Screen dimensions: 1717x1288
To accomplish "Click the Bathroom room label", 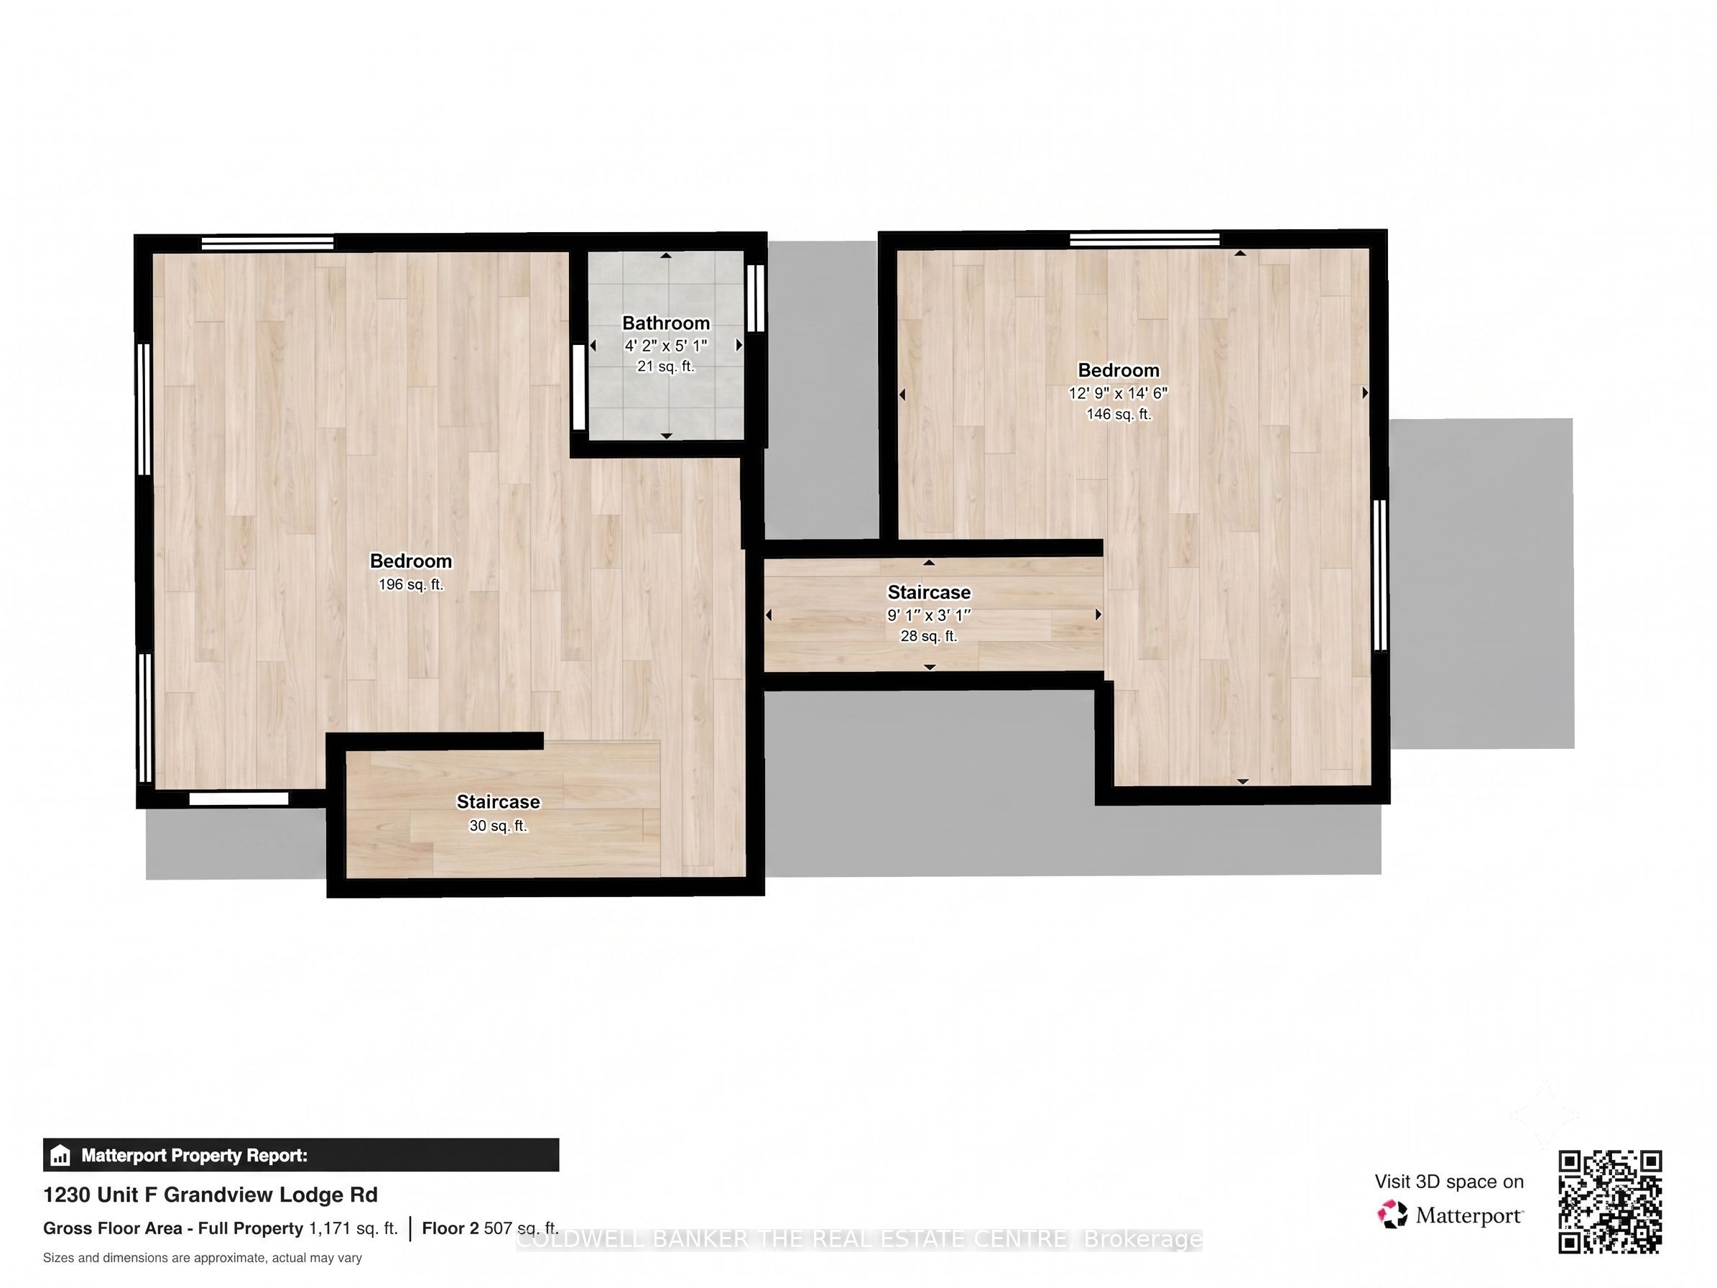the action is click(x=666, y=323).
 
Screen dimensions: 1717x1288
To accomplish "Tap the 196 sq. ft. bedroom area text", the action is click(x=411, y=584).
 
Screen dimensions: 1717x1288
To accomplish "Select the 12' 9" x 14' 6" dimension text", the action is click(x=1118, y=393).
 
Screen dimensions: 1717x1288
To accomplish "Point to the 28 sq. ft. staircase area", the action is click(x=928, y=637).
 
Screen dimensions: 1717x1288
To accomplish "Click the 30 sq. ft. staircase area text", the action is click(x=499, y=826).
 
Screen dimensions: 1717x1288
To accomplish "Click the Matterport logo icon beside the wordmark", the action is click(x=1392, y=1215).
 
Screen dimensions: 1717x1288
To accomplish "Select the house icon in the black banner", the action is click(x=60, y=1156).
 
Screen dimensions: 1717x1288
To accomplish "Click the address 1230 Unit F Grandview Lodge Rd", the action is click(x=210, y=1195).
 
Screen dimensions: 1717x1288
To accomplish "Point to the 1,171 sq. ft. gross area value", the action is click(x=353, y=1228).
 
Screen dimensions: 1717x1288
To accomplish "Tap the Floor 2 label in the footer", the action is click(x=450, y=1228).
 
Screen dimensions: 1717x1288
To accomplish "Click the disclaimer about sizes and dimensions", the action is click(x=203, y=1258).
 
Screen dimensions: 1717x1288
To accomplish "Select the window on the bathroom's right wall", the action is click(x=755, y=298).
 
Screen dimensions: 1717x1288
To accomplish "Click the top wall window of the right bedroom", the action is click(x=1144, y=239).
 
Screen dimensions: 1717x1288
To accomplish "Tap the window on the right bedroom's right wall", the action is click(x=1379, y=575).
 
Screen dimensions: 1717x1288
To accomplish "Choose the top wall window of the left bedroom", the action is click(x=268, y=242).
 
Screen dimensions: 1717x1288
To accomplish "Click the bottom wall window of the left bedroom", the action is click(x=239, y=799).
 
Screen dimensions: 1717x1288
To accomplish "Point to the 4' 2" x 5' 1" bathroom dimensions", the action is click(x=666, y=346).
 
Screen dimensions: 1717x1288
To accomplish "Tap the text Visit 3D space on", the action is click(x=1449, y=1182).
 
